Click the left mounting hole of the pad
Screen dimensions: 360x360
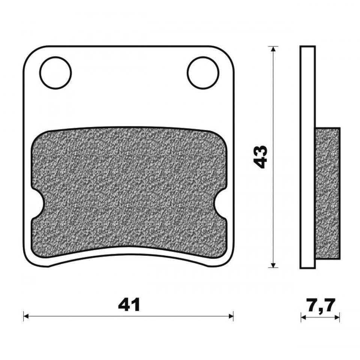point(55,73)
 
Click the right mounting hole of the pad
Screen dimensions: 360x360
point(203,73)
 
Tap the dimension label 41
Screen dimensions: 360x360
point(129,305)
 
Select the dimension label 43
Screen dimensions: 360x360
point(260,157)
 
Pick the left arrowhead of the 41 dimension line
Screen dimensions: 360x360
point(26,316)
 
